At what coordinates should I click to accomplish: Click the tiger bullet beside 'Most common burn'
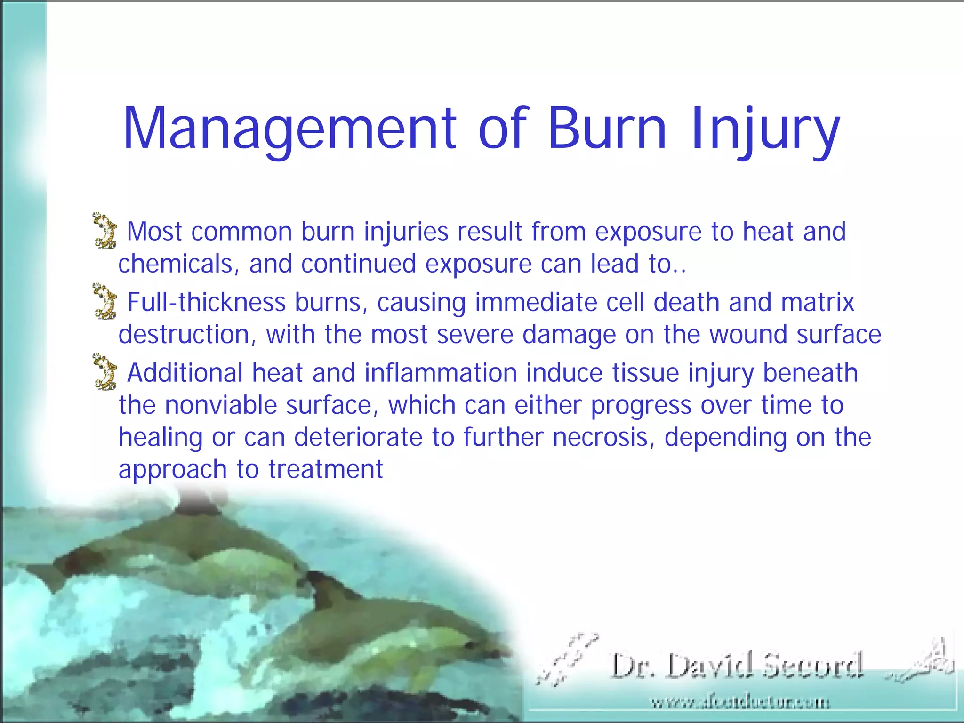(x=104, y=231)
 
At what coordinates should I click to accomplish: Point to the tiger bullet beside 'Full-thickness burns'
(x=104, y=301)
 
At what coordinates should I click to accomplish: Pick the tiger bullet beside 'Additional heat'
(x=104, y=372)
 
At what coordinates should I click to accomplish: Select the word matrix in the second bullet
(x=817, y=302)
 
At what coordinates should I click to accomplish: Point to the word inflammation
(x=441, y=373)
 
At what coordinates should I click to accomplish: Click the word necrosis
(x=603, y=437)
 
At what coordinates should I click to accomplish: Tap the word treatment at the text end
(x=326, y=469)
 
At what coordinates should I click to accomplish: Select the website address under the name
(x=740, y=703)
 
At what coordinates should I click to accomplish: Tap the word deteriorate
(x=358, y=437)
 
